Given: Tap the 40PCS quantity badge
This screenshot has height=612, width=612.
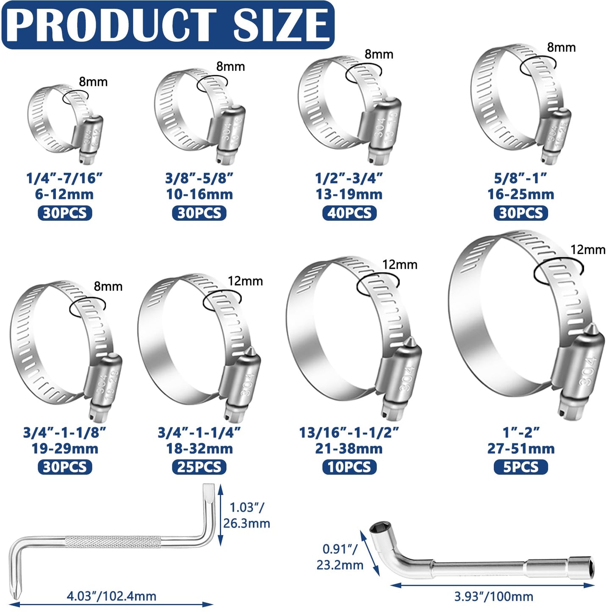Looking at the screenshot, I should click(x=349, y=213).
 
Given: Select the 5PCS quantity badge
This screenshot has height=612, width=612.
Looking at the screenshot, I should click(x=521, y=467).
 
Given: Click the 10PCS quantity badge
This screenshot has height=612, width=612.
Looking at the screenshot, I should click(x=349, y=467).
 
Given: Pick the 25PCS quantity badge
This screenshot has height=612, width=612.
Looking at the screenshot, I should click(x=199, y=467).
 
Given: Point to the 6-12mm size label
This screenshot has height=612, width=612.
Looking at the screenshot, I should click(x=64, y=194).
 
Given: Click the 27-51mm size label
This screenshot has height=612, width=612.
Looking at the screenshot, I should click(x=521, y=449).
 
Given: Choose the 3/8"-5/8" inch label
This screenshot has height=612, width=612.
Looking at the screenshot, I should click(x=199, y=178).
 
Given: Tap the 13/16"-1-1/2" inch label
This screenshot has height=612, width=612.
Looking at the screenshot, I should click(x=349, y=432).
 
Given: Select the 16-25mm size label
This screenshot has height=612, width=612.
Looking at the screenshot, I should click(x=521, y=194).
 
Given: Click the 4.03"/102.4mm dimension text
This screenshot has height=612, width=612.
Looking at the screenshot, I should click(x=111, y=596).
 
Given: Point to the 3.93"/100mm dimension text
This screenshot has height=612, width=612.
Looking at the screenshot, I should click(x=493, y=597).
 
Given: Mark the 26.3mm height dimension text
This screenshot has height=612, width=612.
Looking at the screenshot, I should click(x=246, y=523).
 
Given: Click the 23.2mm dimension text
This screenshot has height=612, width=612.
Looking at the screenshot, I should click(x=340, y=565).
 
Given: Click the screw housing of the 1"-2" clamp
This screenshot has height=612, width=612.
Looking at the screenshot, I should click(x=578, y=368).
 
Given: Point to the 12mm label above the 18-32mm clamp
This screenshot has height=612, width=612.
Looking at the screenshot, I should click(x=245, y=281).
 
